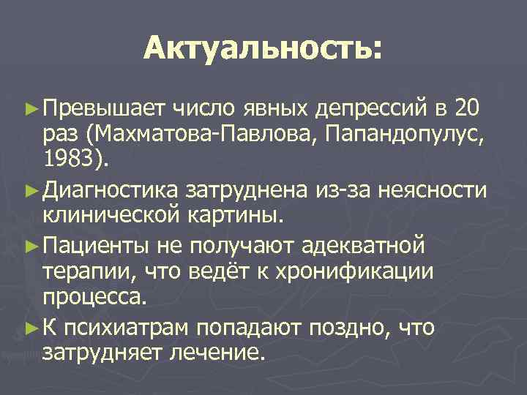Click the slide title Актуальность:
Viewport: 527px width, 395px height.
[263, 50]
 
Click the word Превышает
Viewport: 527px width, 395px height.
[105, 110]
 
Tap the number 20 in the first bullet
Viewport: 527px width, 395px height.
[467, 110]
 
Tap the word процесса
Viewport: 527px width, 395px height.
[94, 297]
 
